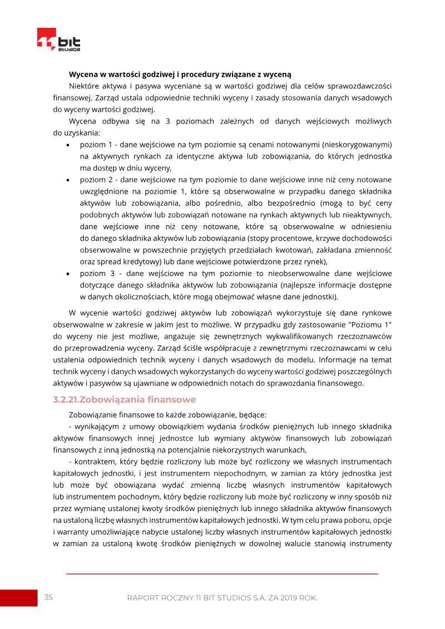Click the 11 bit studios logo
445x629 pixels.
pyautogui.click(x=58, y=40)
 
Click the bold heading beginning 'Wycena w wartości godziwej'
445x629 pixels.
pyautogui.click(x=180, y=74)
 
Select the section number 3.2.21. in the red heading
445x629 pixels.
pyautogui.click(x=70, y=399)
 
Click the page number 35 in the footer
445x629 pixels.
pyautogui.click(x=48, y=597)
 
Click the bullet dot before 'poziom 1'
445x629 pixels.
pyautogui.click(x=67, y=145)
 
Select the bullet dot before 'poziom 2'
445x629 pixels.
pyautogui.click(x=67, y=180)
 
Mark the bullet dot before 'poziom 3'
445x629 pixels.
pyautogui.click(x=67, y=274)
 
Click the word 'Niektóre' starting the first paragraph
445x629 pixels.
pyautogui.click(x=85, y=86)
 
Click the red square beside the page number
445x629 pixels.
pyautogui.click(x=18, y=598)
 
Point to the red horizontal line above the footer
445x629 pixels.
pyautogui.click(x=222, y=573)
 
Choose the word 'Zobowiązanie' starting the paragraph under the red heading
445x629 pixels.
pyautogui.click(x=93, y=414)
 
